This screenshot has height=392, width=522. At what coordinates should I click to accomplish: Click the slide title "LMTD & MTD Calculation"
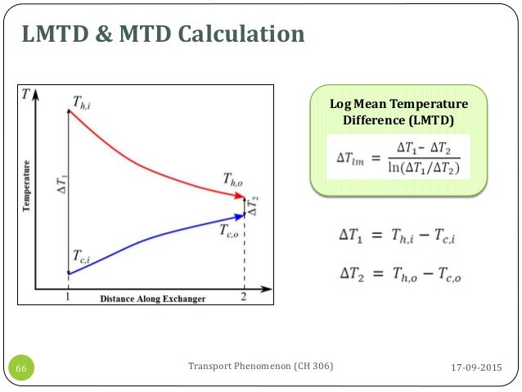click(163, 34)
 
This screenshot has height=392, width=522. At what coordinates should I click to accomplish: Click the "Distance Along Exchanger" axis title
click(152, 299)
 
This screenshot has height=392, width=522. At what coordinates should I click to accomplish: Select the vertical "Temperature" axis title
click(27, 187)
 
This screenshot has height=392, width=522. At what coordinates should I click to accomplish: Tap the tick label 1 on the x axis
click(68, 299)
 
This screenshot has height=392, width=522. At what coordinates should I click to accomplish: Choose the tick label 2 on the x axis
click(244, 299)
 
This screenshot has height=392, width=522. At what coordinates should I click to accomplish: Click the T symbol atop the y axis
click(26, 94)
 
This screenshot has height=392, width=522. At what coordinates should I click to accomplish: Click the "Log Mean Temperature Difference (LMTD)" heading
click(398, 112)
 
